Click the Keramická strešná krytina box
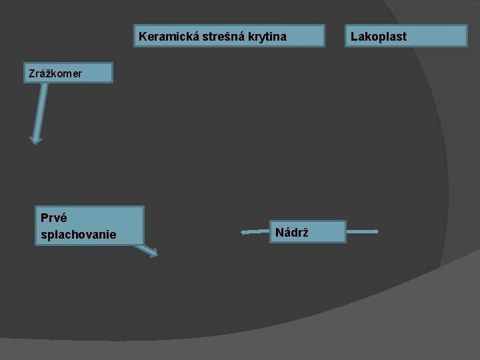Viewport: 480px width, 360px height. click(x=229, y=36)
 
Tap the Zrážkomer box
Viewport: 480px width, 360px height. click(x=69, y=73)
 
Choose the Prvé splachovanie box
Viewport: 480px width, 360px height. click(x=90, y=225)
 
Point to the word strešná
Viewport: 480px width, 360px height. click(x=219, y=36)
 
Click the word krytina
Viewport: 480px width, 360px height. click(x=265, y=36)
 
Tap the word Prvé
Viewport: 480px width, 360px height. click(x=53, y=217)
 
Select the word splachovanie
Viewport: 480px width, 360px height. click(x=78, y=235)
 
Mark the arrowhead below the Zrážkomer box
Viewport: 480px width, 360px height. click(x=36, y=139)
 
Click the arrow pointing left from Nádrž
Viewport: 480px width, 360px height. click(x=255, y=232)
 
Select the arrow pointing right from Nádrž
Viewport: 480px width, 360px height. click(x=363, y=232)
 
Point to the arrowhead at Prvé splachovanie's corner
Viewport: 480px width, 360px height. click(x=153, y=253)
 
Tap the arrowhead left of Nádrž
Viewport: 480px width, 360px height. click(x=244, y=232)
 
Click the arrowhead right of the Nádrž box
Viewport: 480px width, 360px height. click(x=377, y=232)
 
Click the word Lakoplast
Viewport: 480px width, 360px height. click(x=379, y=36)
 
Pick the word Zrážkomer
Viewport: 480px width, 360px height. click(x=55, y=73)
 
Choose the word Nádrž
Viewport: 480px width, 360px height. click(x=291, y=232)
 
